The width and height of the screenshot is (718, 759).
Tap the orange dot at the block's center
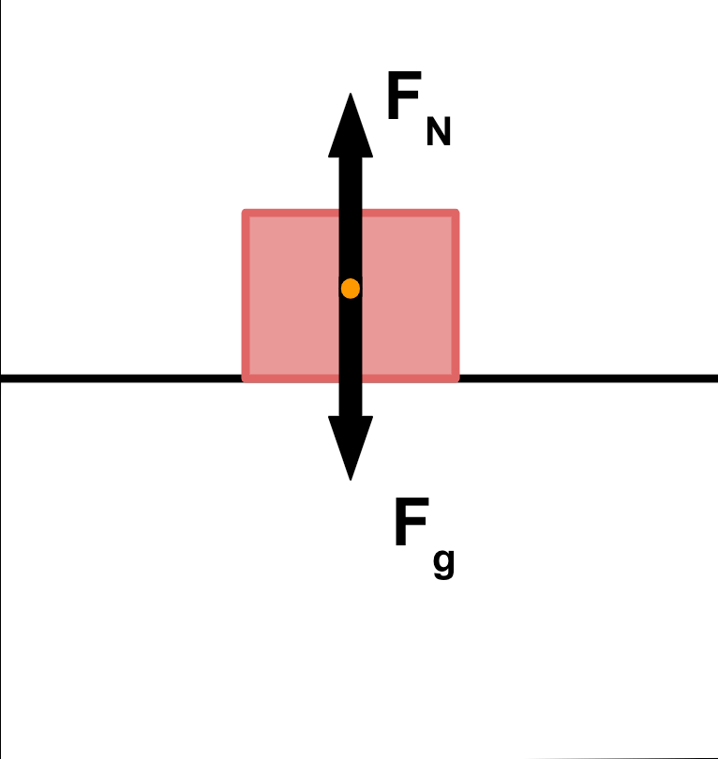point(350,289)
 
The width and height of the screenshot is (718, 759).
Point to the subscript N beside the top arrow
point(439,133)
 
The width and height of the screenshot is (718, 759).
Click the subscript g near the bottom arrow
point(444,562)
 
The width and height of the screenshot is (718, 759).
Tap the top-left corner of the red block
point(247,215)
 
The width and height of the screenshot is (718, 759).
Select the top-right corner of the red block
point(456,215)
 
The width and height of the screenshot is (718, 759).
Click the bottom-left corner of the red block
point(247,378)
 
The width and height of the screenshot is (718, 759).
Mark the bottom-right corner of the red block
point(456,378)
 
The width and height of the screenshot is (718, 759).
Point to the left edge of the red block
point(246,295)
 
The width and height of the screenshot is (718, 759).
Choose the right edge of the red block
point(456,295)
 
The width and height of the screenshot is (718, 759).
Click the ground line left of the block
point(122,378)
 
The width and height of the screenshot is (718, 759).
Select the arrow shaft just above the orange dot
point(350,244)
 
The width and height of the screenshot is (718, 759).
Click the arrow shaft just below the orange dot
point(350,337)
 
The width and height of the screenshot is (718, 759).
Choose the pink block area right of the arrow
point(407,295)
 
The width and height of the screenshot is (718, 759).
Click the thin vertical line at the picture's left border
point(1,562)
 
